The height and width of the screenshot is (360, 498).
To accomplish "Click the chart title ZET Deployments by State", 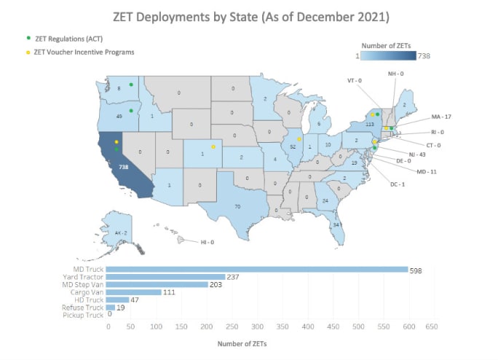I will point(249,15).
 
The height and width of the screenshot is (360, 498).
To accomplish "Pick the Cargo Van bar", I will point(134,292).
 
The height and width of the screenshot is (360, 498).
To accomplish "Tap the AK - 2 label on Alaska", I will point(121,232).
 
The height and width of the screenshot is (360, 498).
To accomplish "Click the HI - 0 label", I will point(207,241).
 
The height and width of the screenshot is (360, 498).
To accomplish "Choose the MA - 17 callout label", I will point(441,117).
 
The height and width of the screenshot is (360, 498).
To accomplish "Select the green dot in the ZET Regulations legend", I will point(28,37).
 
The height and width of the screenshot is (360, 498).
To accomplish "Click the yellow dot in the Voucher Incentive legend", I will point(28,52).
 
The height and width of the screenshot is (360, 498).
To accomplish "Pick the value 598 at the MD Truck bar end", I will point(418,269).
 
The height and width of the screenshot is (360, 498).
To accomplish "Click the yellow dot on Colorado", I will point(213,147).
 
